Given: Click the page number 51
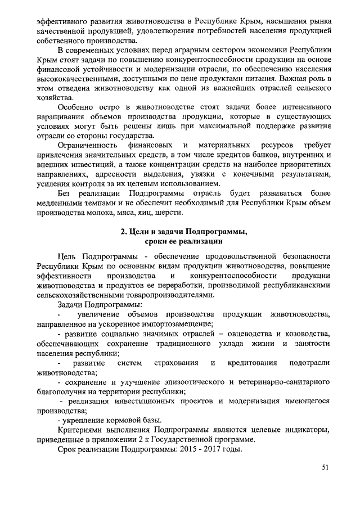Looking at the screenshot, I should pos(325,467).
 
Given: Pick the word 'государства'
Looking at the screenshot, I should pos(131,136).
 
